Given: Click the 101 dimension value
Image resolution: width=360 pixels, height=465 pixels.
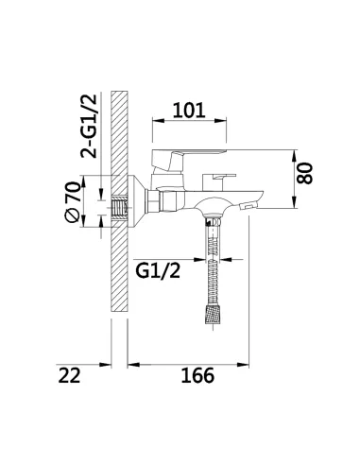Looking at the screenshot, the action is [189, 111].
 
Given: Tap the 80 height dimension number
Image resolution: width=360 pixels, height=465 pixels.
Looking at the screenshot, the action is [305, 173].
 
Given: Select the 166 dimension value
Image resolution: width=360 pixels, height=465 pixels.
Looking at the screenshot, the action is [197, 375].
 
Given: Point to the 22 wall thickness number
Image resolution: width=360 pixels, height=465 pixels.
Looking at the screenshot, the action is [70, 375].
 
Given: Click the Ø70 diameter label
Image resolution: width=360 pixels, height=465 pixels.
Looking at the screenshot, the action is [72, 201].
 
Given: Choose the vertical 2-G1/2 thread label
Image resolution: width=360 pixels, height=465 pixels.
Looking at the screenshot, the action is [88, 126].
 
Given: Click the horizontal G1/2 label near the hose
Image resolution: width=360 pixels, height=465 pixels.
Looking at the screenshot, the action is [158, 270].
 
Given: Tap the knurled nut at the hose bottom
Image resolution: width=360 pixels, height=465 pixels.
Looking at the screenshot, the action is [213, 314].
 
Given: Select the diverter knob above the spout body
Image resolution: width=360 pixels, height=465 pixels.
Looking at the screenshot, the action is [218, 181].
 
